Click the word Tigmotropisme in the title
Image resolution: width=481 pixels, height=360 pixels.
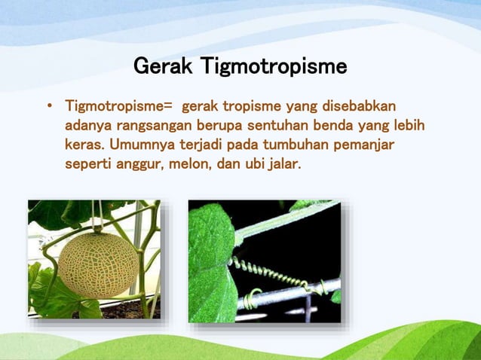point(274,68)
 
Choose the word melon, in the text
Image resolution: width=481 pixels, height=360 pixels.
point(192,162)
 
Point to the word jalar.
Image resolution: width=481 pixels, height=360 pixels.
point(284,162)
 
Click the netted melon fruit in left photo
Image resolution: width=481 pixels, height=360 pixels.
point(97,263)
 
